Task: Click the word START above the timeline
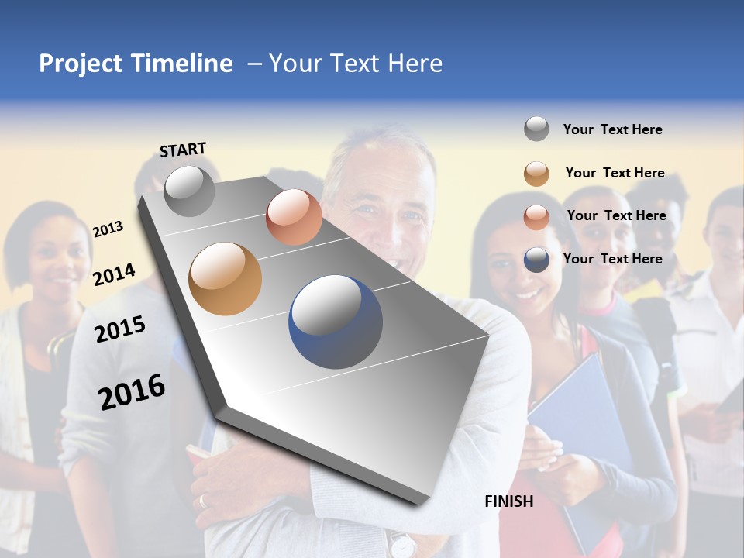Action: (x=183, y=149)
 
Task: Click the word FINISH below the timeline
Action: (x=508, y=501)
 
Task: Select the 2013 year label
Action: (x=108, y=229)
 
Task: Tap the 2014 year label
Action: (x=114, y=274)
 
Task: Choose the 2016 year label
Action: (x=132, y=391)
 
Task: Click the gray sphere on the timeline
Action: (x=190, y=191)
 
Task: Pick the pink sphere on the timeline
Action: (x=294, y=217)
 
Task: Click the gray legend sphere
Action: (x=536, y=129)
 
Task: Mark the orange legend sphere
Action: (x=536, y=174)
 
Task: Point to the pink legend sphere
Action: (x=536, y=217)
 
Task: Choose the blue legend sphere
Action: (x=536, y=260)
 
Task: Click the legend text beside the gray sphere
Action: (x=612, y=129)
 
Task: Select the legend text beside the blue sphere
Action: (x=612, y=259)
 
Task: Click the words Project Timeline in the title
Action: (x=136, y=64)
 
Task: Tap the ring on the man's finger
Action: (x=204, y=501)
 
